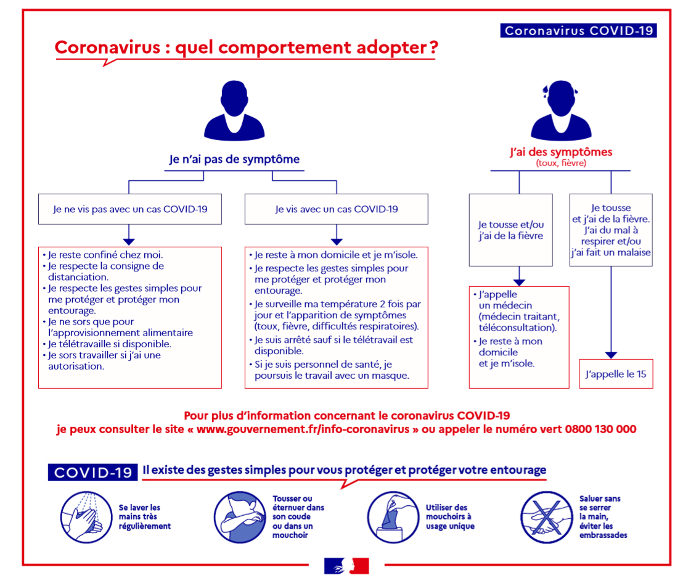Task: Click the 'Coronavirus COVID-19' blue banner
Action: [x=578, y=30]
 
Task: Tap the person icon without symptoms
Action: [x=234, y=110]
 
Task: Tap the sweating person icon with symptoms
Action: [x=561, y=110]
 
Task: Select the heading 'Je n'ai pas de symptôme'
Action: [x=234, y=159]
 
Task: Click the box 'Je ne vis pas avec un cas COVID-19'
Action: [x=130, y=209]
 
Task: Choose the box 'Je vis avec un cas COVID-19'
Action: [x=337, y=209]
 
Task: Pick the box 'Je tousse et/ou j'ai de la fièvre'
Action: [x=511, y=230]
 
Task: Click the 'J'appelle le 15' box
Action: [x=616, y=374]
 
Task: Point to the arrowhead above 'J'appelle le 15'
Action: [x=611, y=355]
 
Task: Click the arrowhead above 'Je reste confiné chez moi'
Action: [x=129, y=242]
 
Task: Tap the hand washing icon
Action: [x=86, y=517]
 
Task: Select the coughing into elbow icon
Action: [x=240, y=517]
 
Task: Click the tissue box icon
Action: [x=393, y=517]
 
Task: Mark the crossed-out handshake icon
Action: [x=546, y=517]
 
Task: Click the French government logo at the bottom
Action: [x=346, y=566]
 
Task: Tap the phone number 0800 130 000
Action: [x=600, y=429]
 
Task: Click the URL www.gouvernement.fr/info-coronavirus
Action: [x=303, y=429]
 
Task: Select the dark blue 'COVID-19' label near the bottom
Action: [x=92, y=473]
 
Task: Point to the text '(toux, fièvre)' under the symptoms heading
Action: [x=561, y=163]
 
